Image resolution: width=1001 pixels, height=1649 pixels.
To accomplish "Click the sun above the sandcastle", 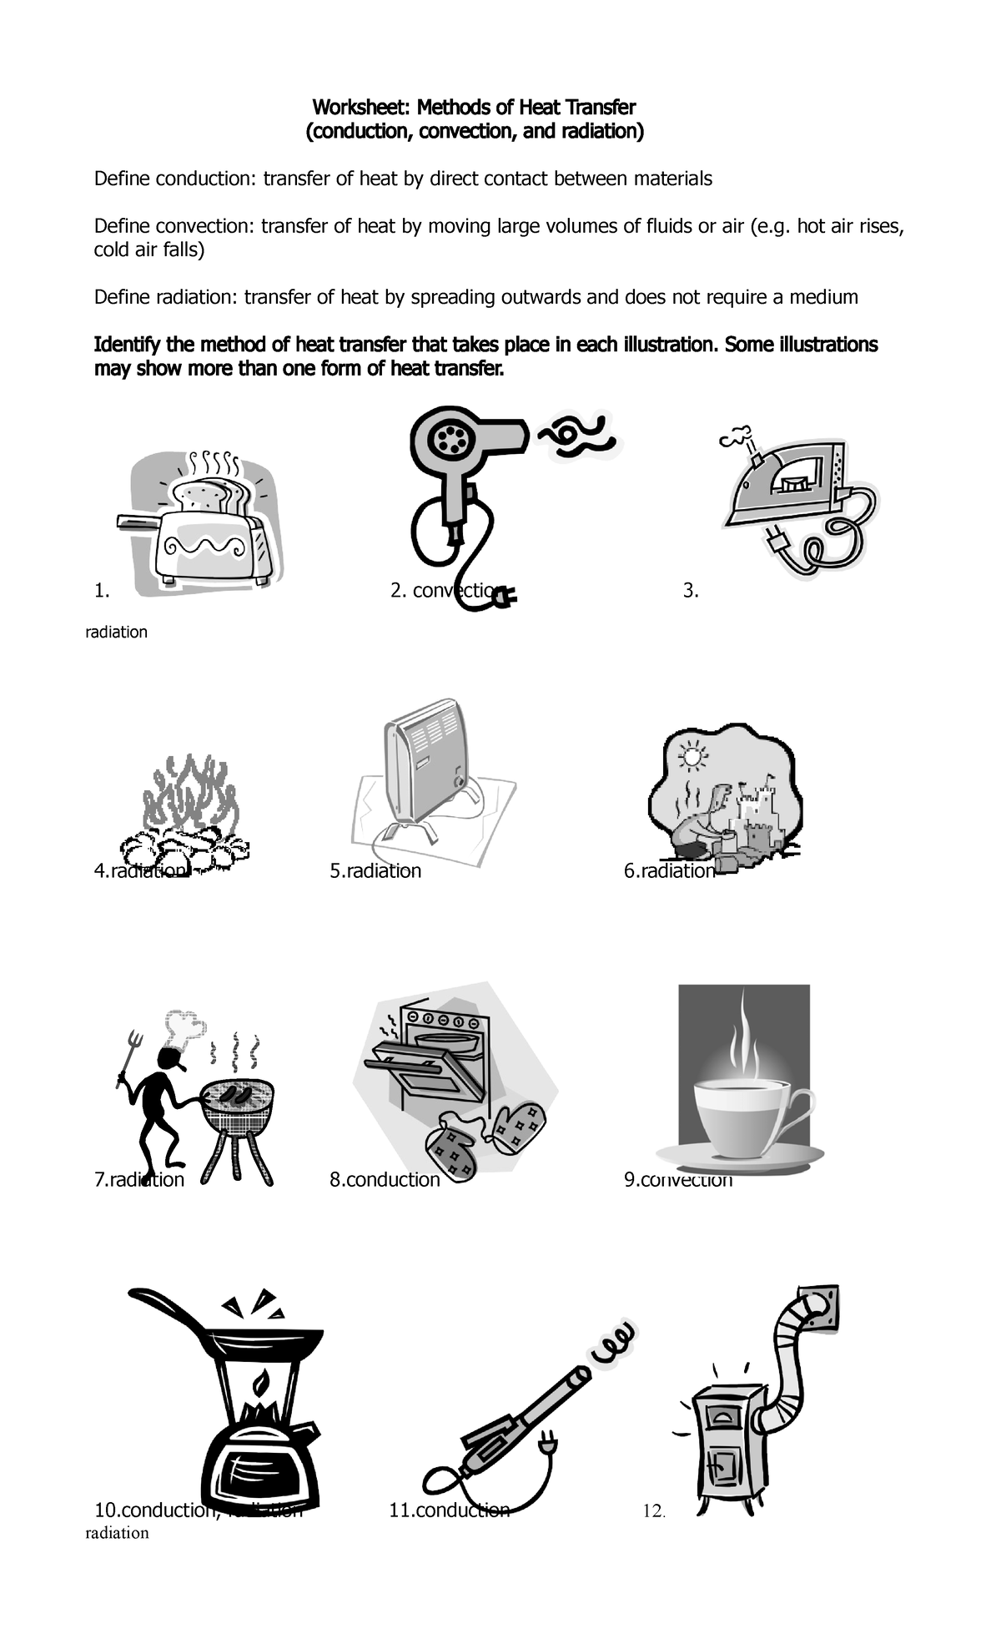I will [x=692, y=758].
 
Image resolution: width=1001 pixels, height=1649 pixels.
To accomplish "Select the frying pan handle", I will [x=167, y=1309].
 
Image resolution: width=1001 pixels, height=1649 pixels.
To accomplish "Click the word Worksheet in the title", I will [x=360, y=108].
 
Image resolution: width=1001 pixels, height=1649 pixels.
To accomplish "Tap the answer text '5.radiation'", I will [x=375, y=871].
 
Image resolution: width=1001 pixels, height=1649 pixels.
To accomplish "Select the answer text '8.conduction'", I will [x=385, y=1179].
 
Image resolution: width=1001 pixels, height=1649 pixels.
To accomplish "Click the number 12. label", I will [x=654, y=1511].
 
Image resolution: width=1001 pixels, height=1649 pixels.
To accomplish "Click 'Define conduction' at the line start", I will [x=176, y=179].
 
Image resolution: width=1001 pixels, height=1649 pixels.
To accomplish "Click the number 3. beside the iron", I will [x=690, y=591].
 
